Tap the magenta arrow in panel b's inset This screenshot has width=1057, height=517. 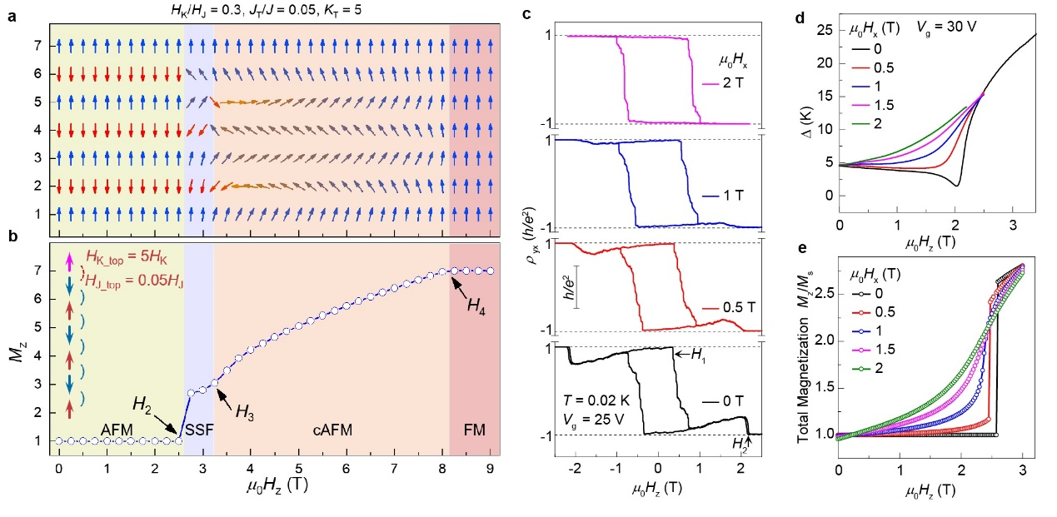[69, 263]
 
